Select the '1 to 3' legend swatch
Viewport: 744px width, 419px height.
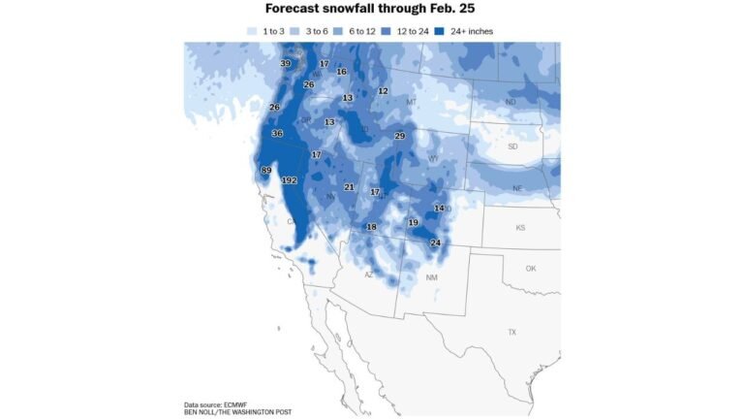tap(255, 32)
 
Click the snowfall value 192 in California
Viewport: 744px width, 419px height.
tap(289, 180)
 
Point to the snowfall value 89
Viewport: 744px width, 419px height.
tap(266, 171)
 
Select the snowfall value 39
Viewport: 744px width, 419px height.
tap(285, 64)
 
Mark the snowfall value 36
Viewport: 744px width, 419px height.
tap(277, 134)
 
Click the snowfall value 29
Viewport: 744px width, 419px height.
tap(399, 137)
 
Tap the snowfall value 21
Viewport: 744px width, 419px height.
tap(349, 187)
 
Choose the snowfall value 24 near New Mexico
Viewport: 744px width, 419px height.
tap(435, 242)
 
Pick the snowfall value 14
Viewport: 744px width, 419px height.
tap(439, 209)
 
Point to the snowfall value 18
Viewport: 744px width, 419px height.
tap(371, 227)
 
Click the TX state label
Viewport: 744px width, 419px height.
tap(511, 332)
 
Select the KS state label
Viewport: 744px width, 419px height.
tap(519, 228)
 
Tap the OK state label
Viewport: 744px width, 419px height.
tap(530, 268)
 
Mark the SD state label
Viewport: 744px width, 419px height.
tap(512, 146)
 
